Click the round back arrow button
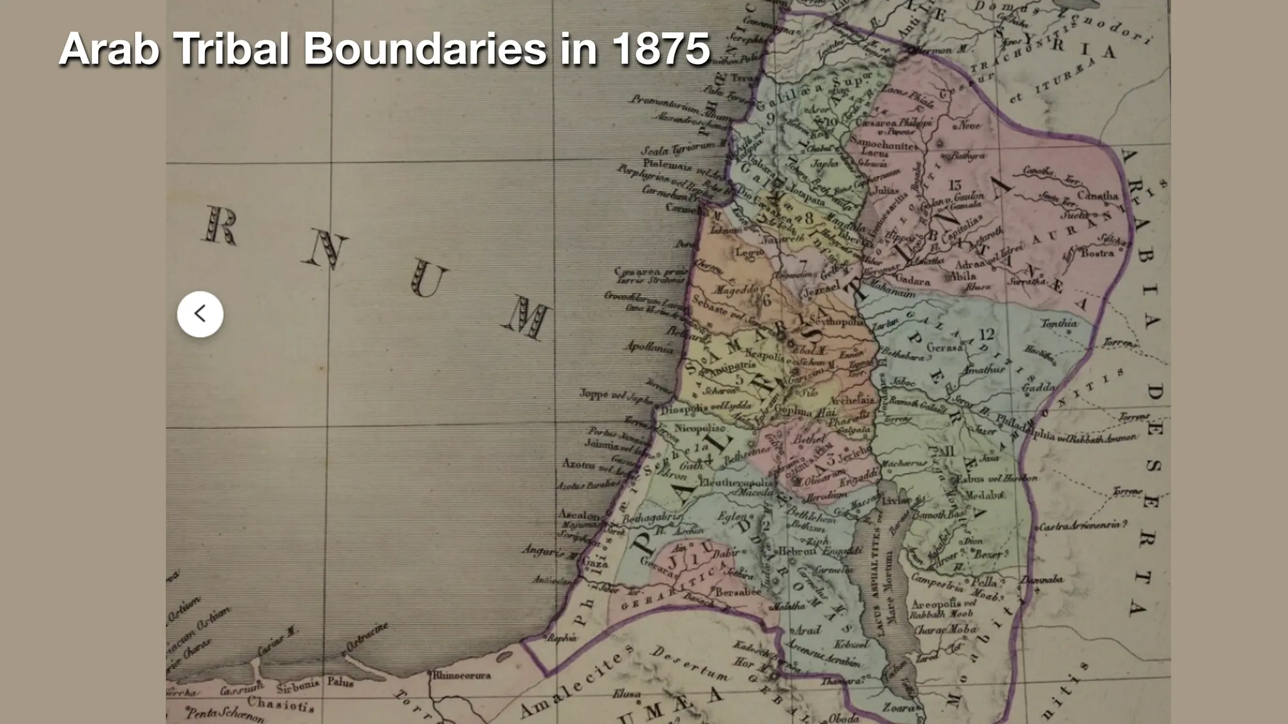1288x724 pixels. coord(200,314)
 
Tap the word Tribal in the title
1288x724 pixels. coord(233,48)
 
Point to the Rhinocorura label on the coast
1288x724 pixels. coord(461,676)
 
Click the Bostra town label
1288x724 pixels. coord(1097,253)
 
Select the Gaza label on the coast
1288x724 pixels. coord(594,563)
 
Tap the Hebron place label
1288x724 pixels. coord(797,551)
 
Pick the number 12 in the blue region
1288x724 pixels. coord(985,334)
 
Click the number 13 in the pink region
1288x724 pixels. coord(955,185)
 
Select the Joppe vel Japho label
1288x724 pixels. coord(608,395)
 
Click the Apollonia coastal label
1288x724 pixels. coord(648,346)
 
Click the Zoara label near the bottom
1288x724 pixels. coord(898,708)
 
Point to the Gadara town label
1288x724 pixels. coord(912,281)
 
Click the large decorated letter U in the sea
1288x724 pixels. coord(430,280)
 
